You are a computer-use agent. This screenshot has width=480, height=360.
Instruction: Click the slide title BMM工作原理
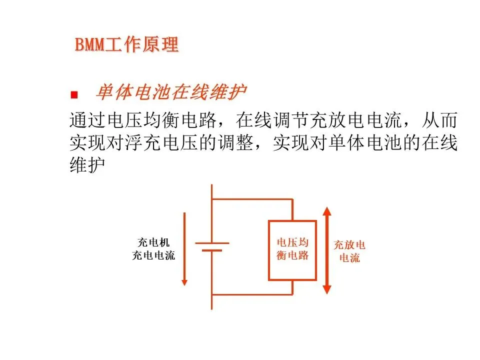pos(126,45)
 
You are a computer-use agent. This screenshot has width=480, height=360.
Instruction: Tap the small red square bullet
pos(74,94)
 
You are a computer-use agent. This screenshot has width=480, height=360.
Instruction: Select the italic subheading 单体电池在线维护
pos(171,93)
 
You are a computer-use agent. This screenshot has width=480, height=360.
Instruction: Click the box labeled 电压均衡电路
pos(292,250)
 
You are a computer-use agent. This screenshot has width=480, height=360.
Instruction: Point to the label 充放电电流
pos(349,251)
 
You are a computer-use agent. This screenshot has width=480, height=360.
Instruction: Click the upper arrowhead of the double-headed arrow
pos(327,211)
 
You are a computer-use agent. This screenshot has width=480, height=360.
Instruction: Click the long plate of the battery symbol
pos(212,243)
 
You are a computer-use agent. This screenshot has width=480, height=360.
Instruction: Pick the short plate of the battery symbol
pos(212,250)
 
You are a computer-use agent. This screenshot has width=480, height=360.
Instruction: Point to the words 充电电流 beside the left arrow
pos(153,256)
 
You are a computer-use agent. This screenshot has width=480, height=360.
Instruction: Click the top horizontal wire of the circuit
pos(252,199)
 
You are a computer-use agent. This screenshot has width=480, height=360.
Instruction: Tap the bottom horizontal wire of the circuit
pos(252,294)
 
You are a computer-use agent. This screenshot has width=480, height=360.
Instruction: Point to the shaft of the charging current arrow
pos(184,245)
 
